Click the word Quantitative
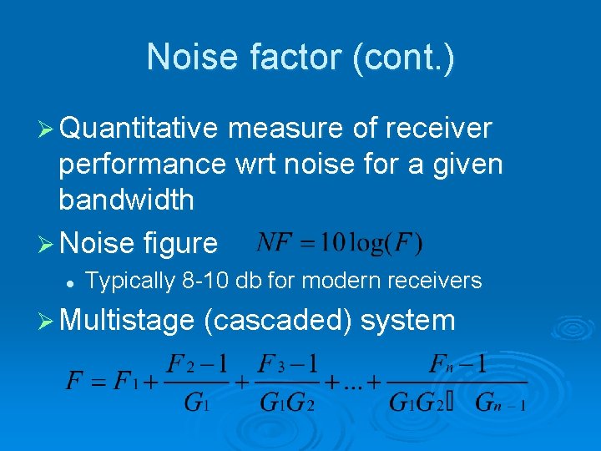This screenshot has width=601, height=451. click(139, 129)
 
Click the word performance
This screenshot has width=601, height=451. click(142, 164)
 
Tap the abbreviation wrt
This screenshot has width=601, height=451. click(253, 164)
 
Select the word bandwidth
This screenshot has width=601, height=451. click(126, 200)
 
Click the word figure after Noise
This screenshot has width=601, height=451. click(180, 243)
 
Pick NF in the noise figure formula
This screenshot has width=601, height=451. click(274, 243)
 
